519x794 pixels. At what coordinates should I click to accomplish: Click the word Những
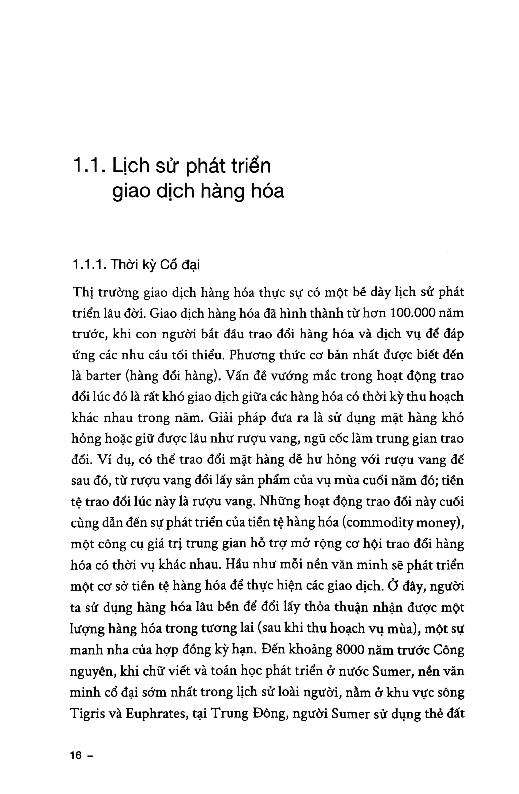pyautogui.click(x=280, y=502)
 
